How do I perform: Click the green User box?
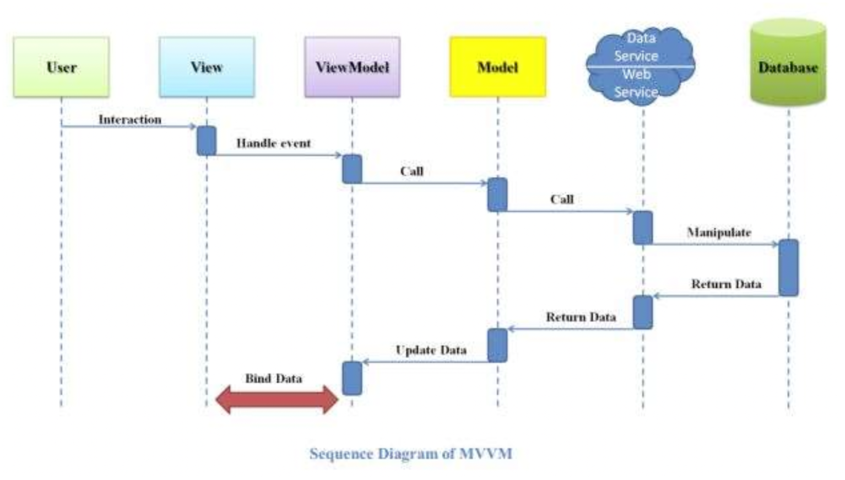click(x=61, y=67)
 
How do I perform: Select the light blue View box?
click(x=207, y=67)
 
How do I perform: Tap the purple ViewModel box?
click(x=352, y=67)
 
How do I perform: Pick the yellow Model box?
click(x=497, y=67)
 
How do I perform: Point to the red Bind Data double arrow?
click(x=277, y=400)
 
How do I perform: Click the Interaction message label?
click(x=130, y=120)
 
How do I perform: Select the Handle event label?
click(x=274, y=143)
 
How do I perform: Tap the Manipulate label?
click(x=719, y=233)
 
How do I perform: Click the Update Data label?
click(x=431, y=350)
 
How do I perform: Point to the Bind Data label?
click(x=274, y=379)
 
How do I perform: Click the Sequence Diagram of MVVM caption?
click(x=411, y=454)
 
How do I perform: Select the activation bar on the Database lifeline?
click(x=788, y=268)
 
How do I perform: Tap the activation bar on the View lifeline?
click(x=207, y=141)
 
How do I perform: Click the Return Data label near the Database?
click(x=726, y=284)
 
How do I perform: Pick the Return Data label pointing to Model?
click(x=581, y=317)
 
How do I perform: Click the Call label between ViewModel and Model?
click(x=412, y=171)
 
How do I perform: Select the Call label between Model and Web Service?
click(x=562, y=199)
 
